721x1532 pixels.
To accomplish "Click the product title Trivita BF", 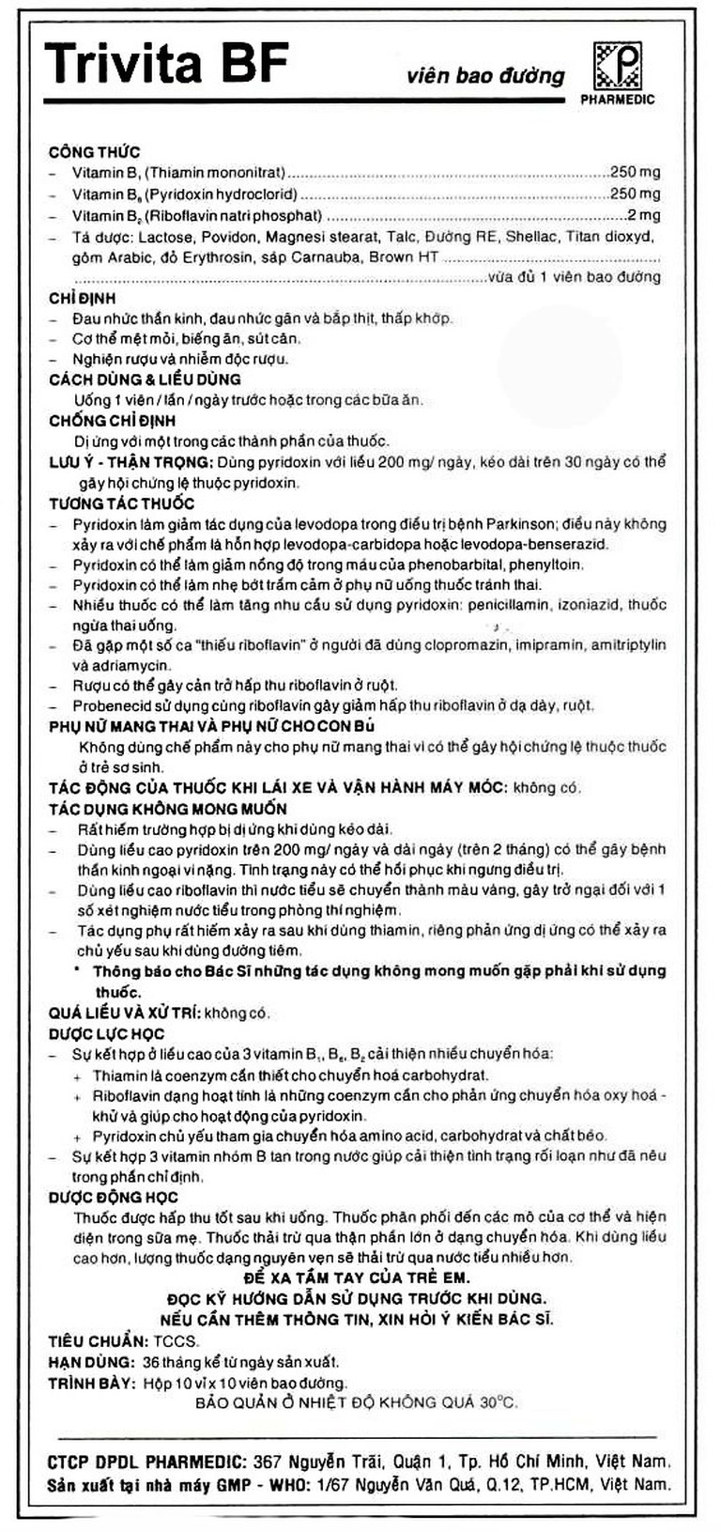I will click(x=165, y=65).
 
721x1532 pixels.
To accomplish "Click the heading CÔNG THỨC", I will click(x=95, y=152).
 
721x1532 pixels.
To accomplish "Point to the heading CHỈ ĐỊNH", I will click(x=83, y=298).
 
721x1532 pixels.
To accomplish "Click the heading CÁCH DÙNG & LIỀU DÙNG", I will click(x=146, y=379).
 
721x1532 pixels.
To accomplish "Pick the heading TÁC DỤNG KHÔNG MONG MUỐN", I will click(x=168, y=809).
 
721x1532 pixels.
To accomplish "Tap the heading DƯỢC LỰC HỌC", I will click(x=107, y=1034).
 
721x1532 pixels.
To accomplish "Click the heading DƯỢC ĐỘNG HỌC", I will click(x=113, y=1198).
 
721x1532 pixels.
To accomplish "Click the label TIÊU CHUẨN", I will click(x=97, y=1341).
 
